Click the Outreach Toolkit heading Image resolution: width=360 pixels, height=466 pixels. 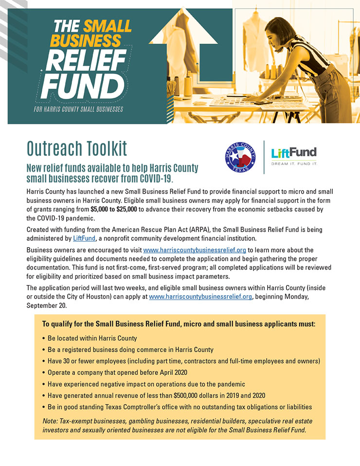pos(77,146)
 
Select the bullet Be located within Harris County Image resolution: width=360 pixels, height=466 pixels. pos(92,338)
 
